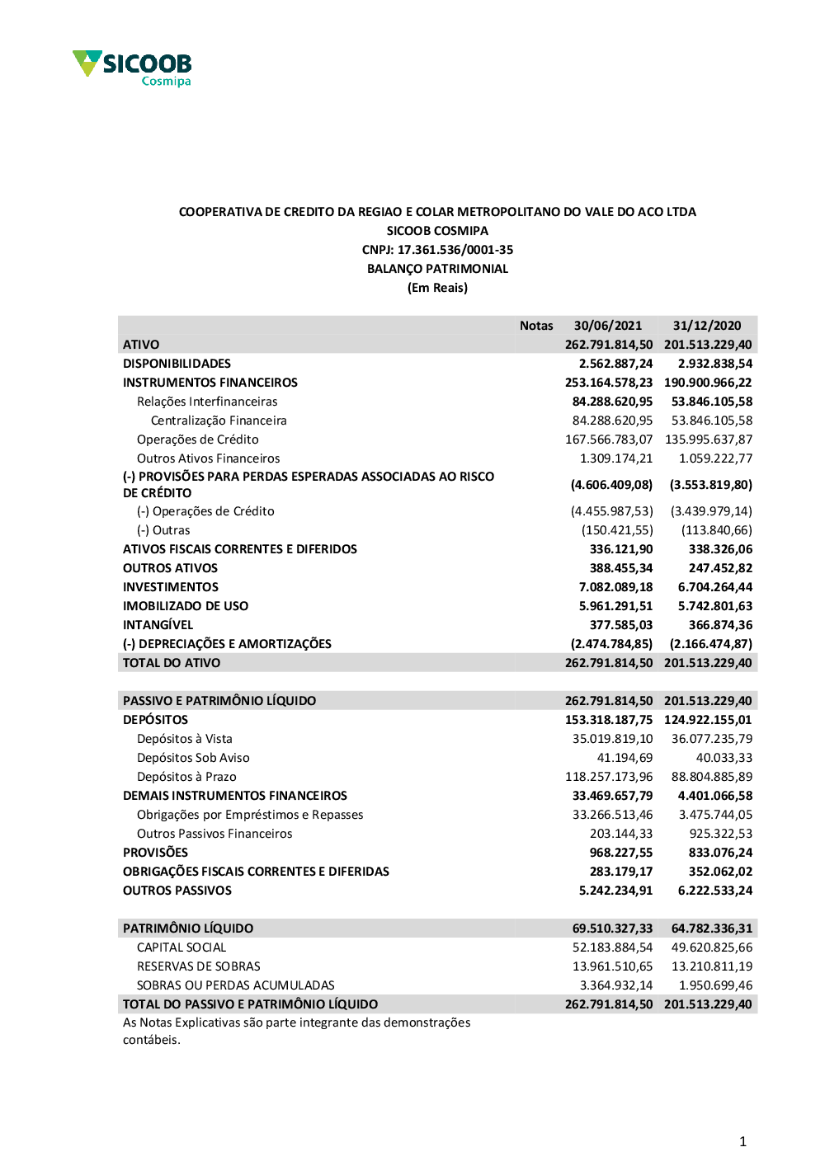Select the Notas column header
tap(536, 326)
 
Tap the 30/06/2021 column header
tap(608, 326)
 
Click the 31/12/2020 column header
tap(707, 326)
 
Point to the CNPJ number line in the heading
tap(437, 250)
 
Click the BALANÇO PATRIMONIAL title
tap(437, 269)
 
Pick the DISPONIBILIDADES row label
tap(177, 364)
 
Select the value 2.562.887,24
tap(615, 364)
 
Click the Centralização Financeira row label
tap(219, 421)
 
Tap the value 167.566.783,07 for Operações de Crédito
tap(609, 440)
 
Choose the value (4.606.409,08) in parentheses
tap(611, 485)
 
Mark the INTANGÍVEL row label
tap(158, 625)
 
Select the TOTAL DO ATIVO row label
tap(172, 663)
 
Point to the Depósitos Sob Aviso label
tap(193, 758)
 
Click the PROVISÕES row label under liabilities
tap(155, 853)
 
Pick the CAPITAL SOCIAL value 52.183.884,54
tap(612, 947)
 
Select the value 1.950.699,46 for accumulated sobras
tap(715, 985)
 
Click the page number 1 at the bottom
tap(742, 1142)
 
